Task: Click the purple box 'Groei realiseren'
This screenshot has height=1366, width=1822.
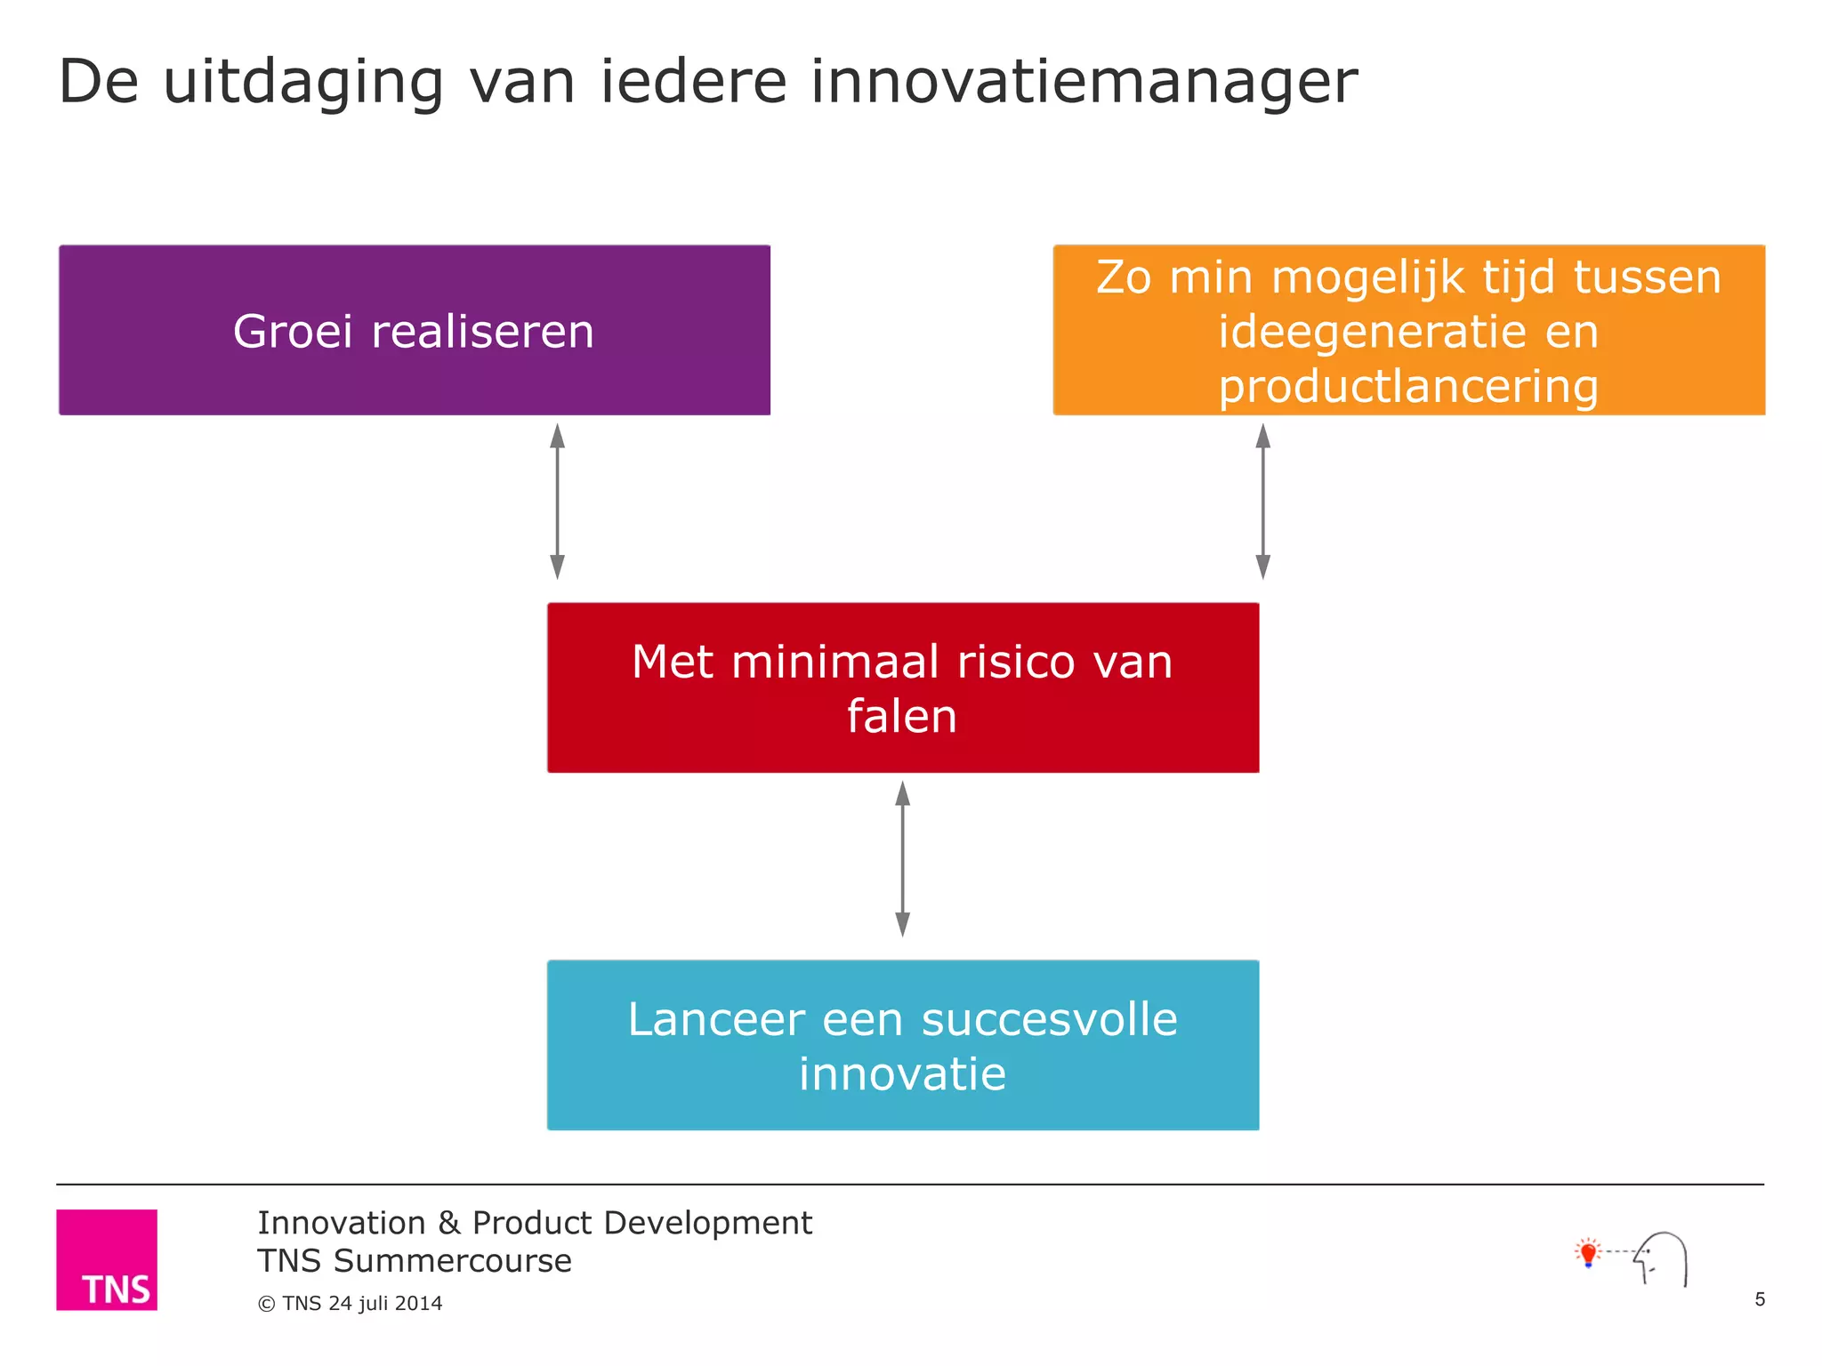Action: pyautogui.click(x=415, y=330)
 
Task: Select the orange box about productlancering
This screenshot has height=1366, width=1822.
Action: pyautogui.click(x=1408, y=330)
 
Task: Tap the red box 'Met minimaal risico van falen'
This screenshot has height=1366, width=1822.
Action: pyautogui.click(x=902, y=687)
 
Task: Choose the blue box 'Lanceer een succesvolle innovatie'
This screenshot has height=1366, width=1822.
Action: pyautogui.click(x=902, y=1045)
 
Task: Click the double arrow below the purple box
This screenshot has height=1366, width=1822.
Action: pyautogui.click(x=557, y=502)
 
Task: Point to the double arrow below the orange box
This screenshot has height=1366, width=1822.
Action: pyautogui.click(x=1262, y=502)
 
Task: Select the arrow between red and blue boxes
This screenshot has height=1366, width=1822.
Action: pyautogui.click(x=902, y=859)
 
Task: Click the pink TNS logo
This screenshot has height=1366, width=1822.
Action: pyautogui.click(x=107, y=1259)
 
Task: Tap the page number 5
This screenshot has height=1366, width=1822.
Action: pyautogui.click(x=1759, y=1299)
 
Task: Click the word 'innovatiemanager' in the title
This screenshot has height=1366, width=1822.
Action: pyautogui.click(x=1084, y=82)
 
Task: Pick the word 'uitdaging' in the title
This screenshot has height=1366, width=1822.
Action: pyautogui.click(x=303, y=82)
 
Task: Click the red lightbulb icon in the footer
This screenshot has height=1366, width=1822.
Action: pyautogui.click(x=1588, y=1253)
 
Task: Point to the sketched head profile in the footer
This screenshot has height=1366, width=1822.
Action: pyautogui.click(x=1662, y=1259)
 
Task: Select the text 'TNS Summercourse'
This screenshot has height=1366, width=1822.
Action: pyautogui.click(x=415, y=1261)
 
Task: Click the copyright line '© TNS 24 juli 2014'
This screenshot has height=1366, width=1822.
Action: pyautogui.click(x=350, y=1303)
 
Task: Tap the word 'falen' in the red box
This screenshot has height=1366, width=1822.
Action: pyautogui.click(x=901, y=716)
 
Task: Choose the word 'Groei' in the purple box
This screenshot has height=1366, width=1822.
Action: pyautogui.click(x=293, y=332)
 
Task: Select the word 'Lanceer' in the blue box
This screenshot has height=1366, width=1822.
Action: pyautogui.click(x=716, y=1019)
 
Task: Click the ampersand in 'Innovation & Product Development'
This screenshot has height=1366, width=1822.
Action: pyautogui.click(x=448, y=1224)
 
